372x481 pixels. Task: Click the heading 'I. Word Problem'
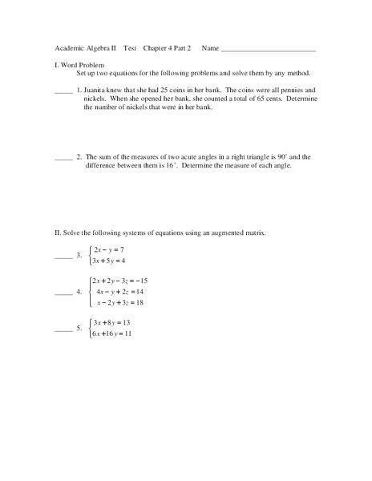pos(79,64)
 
